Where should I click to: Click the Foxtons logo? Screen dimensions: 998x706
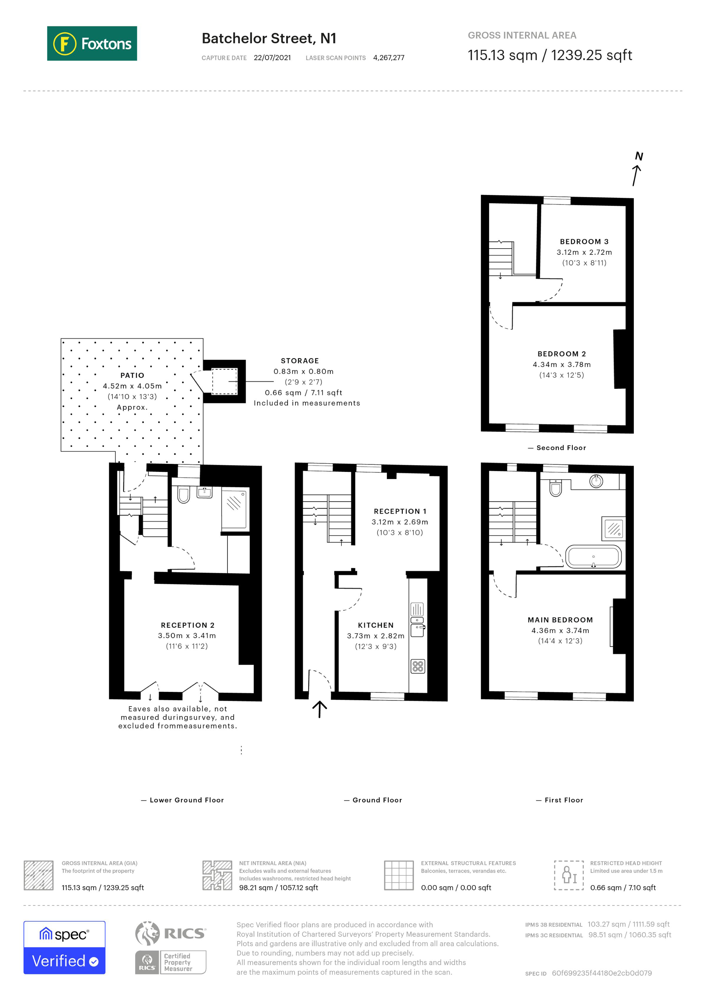click(92, 43)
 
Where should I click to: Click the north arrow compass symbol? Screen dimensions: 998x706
click(637, 169)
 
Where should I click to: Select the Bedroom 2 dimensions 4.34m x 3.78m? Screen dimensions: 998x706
click(561, 364)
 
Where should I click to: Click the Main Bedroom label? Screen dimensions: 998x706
click(560, 620)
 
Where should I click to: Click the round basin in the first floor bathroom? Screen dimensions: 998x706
click(596, 481)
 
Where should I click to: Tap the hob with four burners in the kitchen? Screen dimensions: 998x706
click(418, 666)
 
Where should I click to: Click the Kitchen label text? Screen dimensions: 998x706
click(375, 625)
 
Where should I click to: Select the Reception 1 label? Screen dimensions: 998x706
click(400, 511)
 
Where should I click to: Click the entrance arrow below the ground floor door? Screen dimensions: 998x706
click(320, 709)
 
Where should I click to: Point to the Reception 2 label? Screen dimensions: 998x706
click(187, 625)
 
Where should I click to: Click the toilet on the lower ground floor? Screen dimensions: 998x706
click(184, 495)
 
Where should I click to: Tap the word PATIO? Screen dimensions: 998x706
click(132, 375)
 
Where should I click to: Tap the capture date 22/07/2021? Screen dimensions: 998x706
click(272, 58)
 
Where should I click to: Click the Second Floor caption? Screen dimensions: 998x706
click(561, 448)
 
